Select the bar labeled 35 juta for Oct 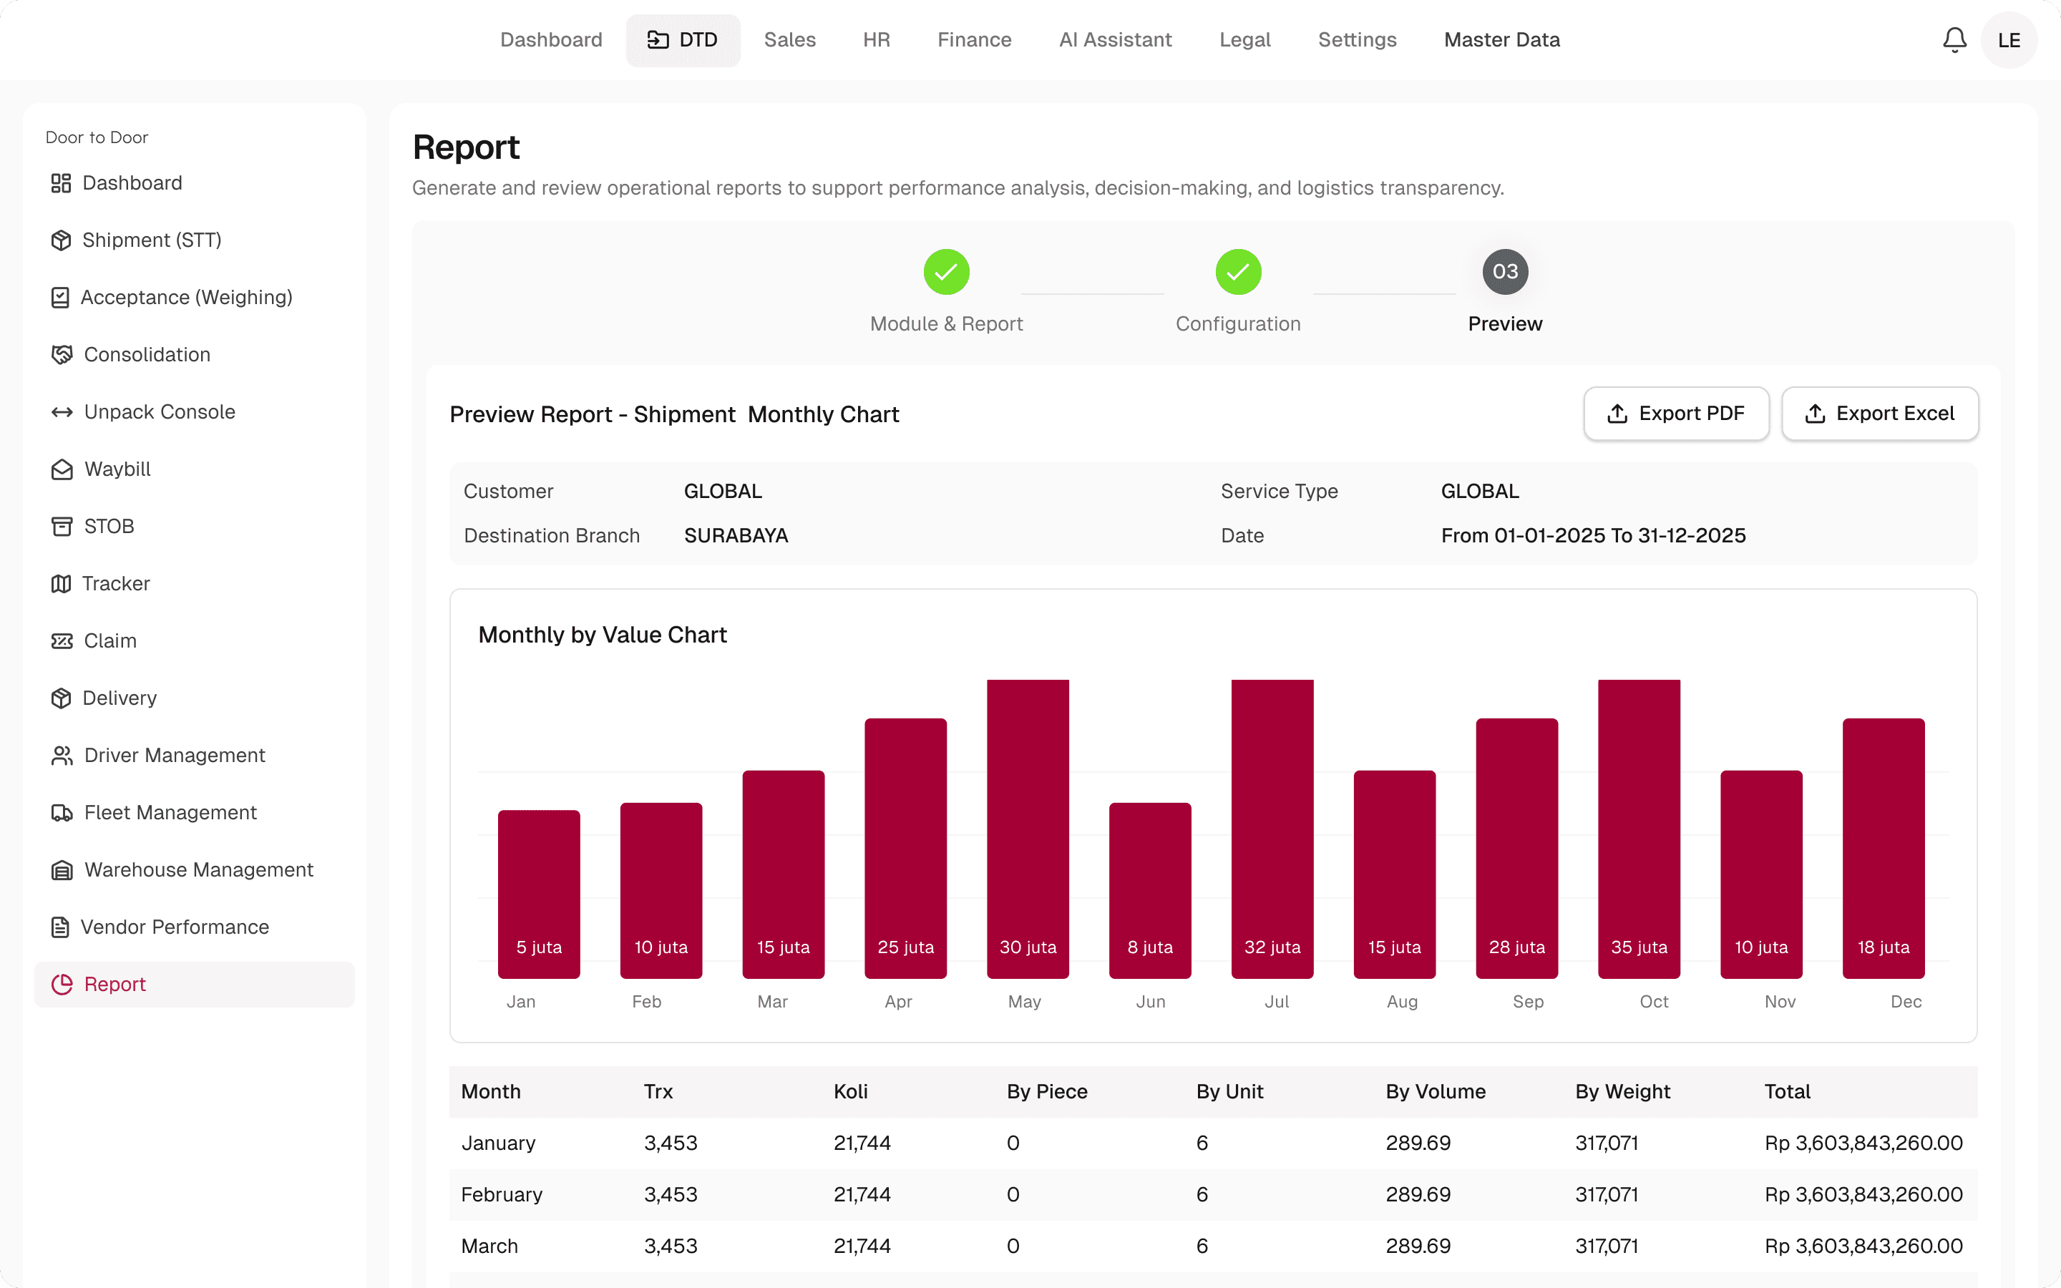1639,829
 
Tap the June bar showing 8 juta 1150,890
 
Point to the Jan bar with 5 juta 539,894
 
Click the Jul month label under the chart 1277,1002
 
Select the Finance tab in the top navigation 974,40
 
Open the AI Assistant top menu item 1115,40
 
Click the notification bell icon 1954,40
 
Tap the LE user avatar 2009,40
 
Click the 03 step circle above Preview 1505,272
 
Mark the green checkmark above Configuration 1238,272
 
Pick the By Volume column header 1435,1091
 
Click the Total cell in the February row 1863,1194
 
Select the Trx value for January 671,1143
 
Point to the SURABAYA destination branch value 736,536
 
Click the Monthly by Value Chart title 602,635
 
